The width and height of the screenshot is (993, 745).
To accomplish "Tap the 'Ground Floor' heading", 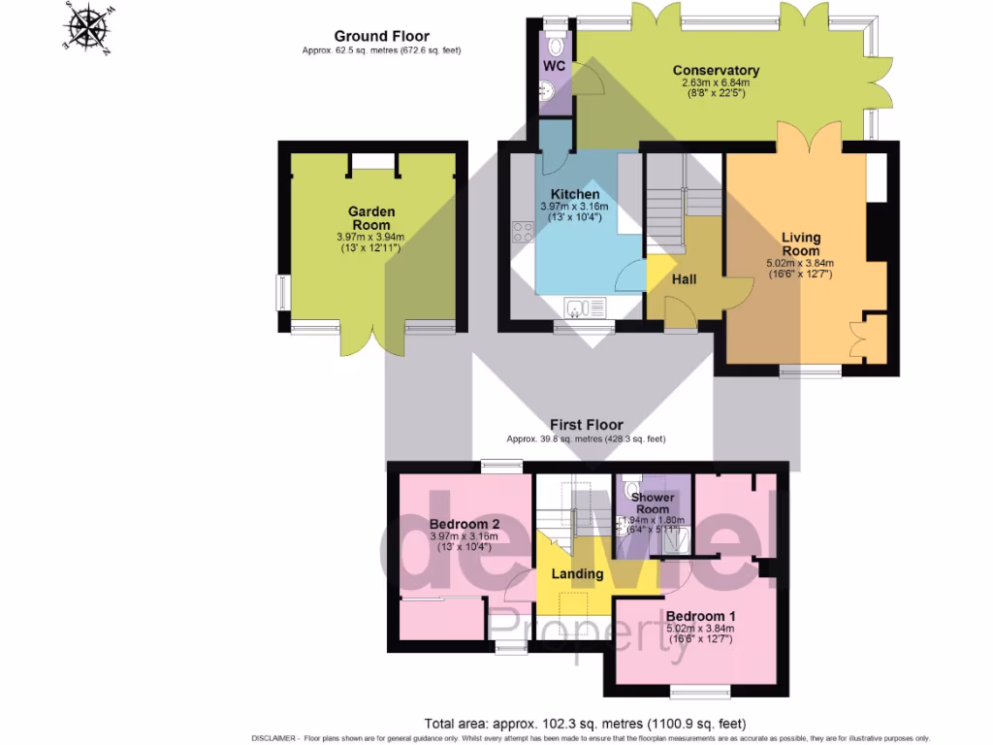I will click(382, 37).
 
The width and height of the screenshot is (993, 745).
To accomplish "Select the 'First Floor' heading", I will click(586, 425).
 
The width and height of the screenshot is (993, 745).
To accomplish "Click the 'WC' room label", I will click(554, 67).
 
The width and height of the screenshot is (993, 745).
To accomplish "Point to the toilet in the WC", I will click(556, 44).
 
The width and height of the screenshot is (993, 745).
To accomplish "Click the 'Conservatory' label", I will click(716, 71).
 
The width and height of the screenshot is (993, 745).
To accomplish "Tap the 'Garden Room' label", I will click(371, 218).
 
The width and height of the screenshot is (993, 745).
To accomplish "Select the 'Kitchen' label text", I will click(575, 194).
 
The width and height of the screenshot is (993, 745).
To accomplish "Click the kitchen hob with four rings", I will click(522, 231).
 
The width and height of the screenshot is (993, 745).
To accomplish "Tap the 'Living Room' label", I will click(801, 243).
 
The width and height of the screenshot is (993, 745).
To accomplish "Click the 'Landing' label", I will click(577, 573).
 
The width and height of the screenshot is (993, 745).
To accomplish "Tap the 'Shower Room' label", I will click(652, 503).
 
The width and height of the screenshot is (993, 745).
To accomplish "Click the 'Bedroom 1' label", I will click(700, 616).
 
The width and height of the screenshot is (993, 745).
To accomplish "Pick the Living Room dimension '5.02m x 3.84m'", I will click(800, 262).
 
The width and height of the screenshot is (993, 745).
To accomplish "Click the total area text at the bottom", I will click(585, 724).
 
